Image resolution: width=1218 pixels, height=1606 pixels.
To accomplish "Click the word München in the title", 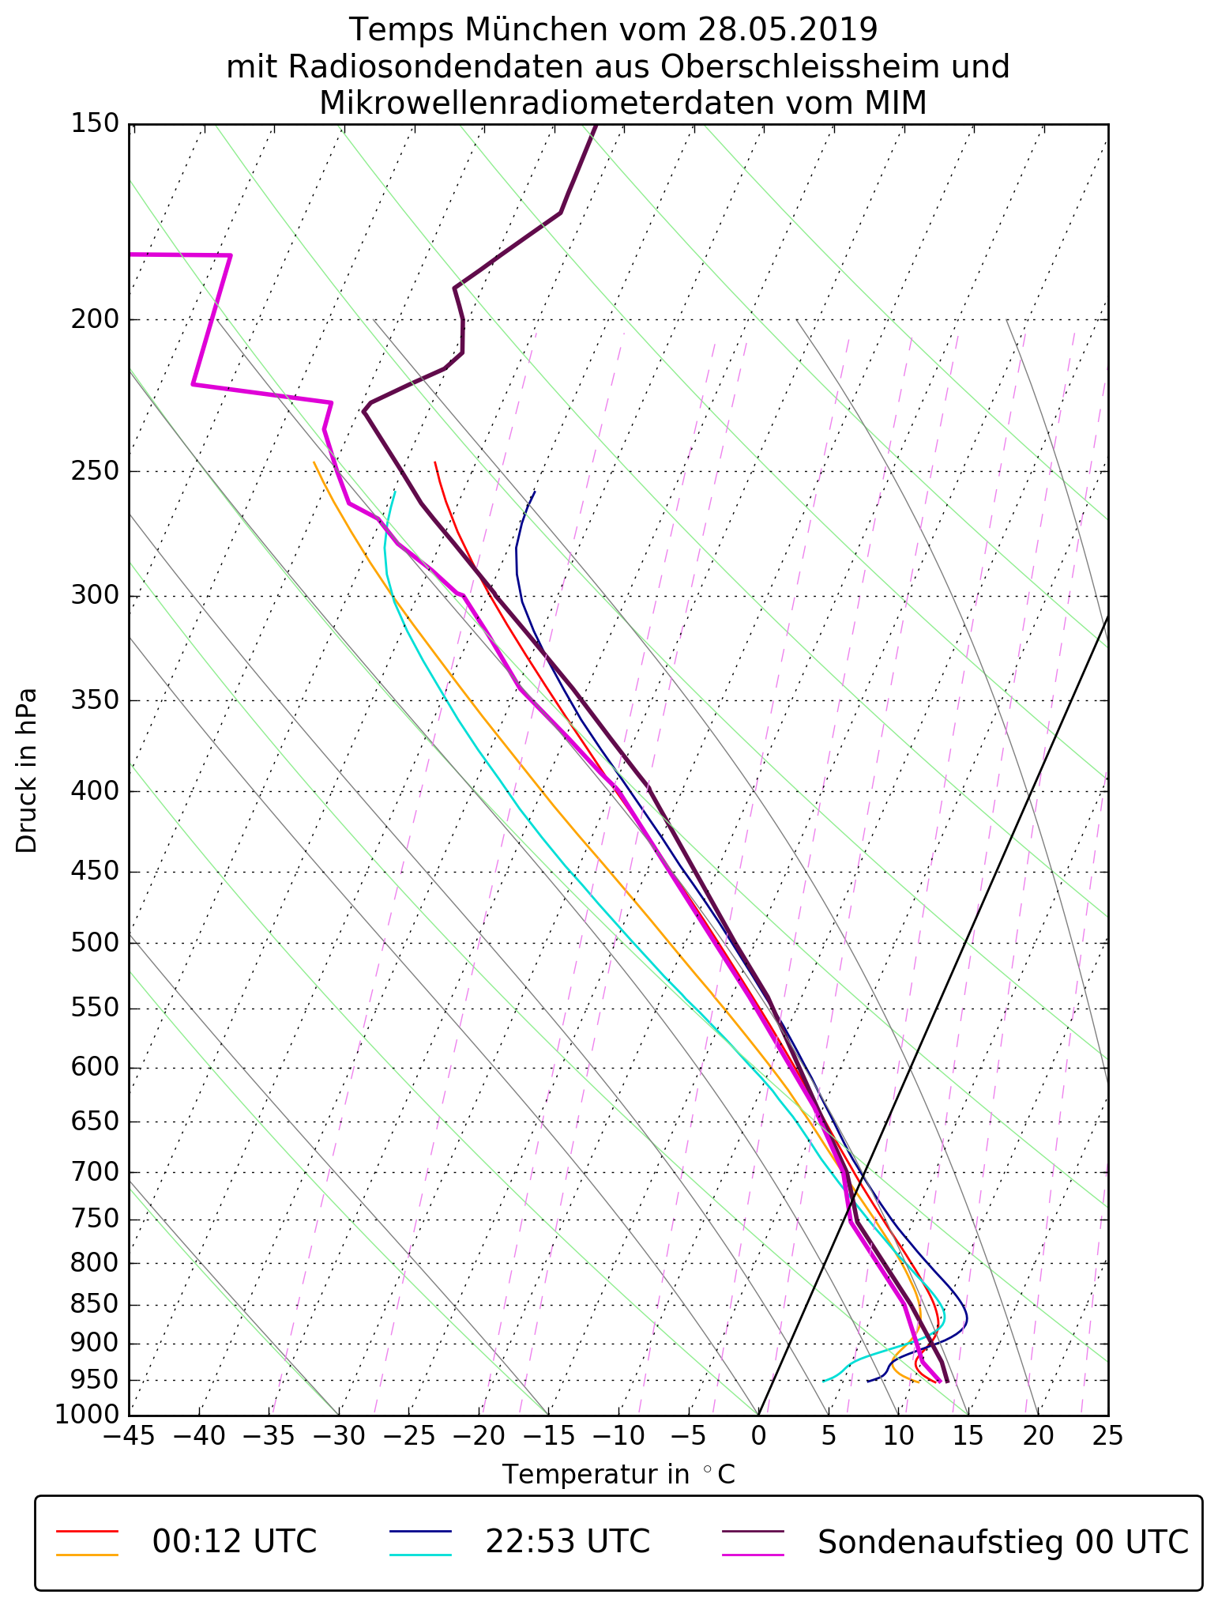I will pyautogui.click(x=536, y=30).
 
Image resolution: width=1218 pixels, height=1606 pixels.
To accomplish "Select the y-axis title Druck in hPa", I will pyautogui.click(x=27, y=771).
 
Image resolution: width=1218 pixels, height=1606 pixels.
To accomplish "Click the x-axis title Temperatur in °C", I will pyautogui.click(x=618, y=1474).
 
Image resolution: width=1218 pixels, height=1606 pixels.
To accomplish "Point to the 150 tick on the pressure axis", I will pyautogui.click(x=95, y=124).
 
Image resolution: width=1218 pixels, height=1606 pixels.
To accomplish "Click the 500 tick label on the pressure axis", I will pyautogui.click(x=95, y=943).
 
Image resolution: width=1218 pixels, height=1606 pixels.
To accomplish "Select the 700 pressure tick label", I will pyautogui.click(x=95, y=1172).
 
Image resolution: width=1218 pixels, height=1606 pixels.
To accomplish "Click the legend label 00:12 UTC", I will pyautogui.click(x=234, y=1542).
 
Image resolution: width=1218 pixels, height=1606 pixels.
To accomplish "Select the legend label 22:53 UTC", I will pyautogui.click(x=567, y=1542).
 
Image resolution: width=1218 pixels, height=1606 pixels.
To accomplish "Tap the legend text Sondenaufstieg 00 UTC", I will pyautogui.click(x=1002, y=1542).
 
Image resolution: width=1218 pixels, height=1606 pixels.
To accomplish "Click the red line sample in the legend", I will pyautogui.click(x=87, y=1531).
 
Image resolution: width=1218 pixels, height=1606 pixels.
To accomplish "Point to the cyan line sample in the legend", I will pyautogui.click(x=420, y=1554).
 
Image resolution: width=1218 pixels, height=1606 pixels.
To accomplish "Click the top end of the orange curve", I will pyautogui.click(x=314, y=462).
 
